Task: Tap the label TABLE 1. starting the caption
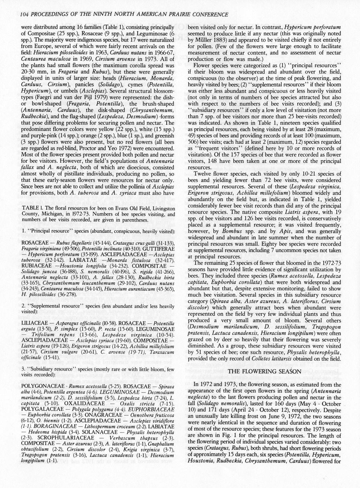pos(31,208)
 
